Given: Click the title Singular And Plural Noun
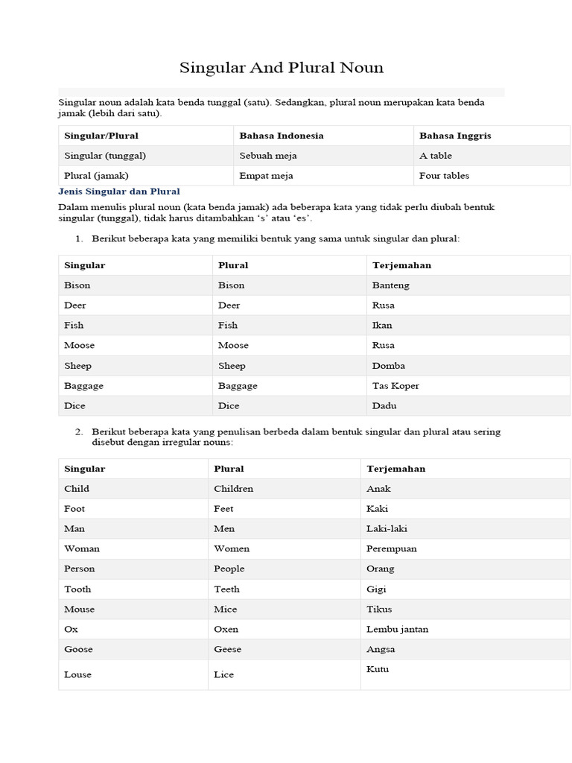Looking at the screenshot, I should pos(282,68).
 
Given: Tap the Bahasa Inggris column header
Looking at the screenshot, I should pos(455,136).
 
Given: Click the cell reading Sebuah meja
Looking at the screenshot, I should pos(266,156).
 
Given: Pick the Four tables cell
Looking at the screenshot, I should pos(444,176).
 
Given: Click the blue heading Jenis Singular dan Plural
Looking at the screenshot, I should pos(119,191).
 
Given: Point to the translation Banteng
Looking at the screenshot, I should pos(390,285).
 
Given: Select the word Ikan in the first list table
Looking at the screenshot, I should pos(382,326).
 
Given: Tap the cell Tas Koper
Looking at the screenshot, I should pos(395,386).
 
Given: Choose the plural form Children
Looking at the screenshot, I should pos(233,489).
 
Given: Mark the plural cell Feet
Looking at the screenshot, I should pos(223,509).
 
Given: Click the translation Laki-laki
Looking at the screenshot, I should pos(387,529).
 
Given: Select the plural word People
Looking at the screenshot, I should pos(229,569).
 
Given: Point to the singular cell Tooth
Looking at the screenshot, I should pos(77,589).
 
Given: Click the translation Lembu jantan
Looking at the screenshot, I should pos(397,630).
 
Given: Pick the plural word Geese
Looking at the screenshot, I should pos(227,650).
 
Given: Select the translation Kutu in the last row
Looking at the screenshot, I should pos(378,669).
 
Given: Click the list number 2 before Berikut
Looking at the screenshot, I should pos(79,432).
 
